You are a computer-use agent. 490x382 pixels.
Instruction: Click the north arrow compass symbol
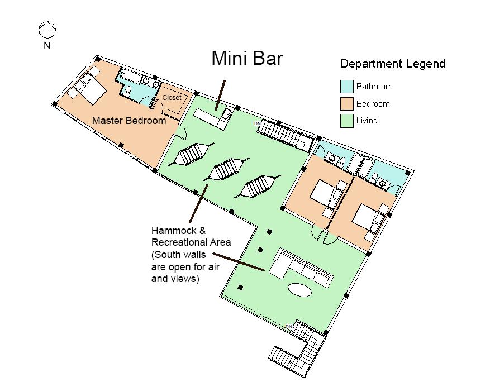(x=46, y=28)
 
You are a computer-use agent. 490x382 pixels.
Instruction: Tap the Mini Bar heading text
(x=246, y=59)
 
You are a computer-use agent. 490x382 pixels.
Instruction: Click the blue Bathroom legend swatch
(x=346, y=87)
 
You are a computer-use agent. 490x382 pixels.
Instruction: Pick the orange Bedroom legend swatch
(x=346, y=104)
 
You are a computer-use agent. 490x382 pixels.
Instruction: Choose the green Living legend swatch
(x=346, y=121)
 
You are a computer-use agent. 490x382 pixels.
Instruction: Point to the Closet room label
(x=172, y=98)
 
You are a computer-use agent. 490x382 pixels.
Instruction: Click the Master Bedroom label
(x=129, y=121)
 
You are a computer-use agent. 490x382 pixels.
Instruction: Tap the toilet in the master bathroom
(x=127, y=92)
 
